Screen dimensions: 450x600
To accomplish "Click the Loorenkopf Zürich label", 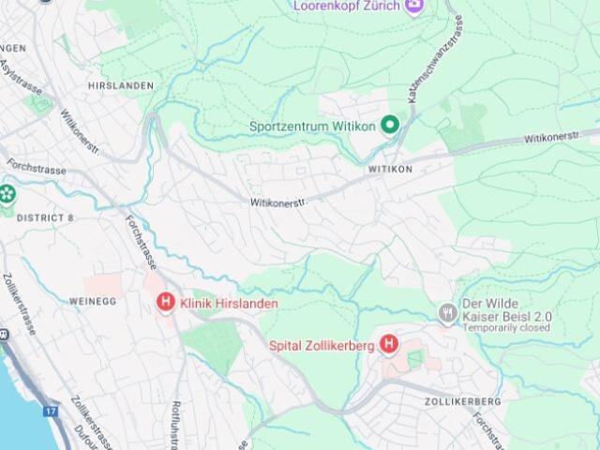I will (x=346, y=6).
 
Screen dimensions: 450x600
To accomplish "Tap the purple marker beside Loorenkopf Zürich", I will (x=414, y=7).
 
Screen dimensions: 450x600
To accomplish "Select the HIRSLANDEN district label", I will (x=120, y=85).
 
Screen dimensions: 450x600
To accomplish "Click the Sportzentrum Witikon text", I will (x=312, y=127).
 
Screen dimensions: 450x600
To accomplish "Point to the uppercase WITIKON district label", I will (x=390, y=170).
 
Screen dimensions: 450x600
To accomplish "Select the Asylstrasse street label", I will (x=21, y=77).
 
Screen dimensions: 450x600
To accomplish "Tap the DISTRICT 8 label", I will (x=45, y=217).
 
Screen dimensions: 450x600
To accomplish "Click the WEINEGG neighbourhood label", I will (x=93, y=301).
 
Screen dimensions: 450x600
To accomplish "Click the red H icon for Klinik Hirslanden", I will (x=165, y=302).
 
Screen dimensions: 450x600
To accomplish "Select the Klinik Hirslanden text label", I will (x=228, y=303).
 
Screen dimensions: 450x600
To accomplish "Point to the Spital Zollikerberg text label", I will (x=322, y=346).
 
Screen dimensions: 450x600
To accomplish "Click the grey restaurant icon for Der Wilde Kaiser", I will (x=447, y=311).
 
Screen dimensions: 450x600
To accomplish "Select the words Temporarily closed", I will (x=506, y=329).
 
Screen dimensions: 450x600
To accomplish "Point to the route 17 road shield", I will (x=51, y=411).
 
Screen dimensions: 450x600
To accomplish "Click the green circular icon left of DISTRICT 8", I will (x=7, y=195).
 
